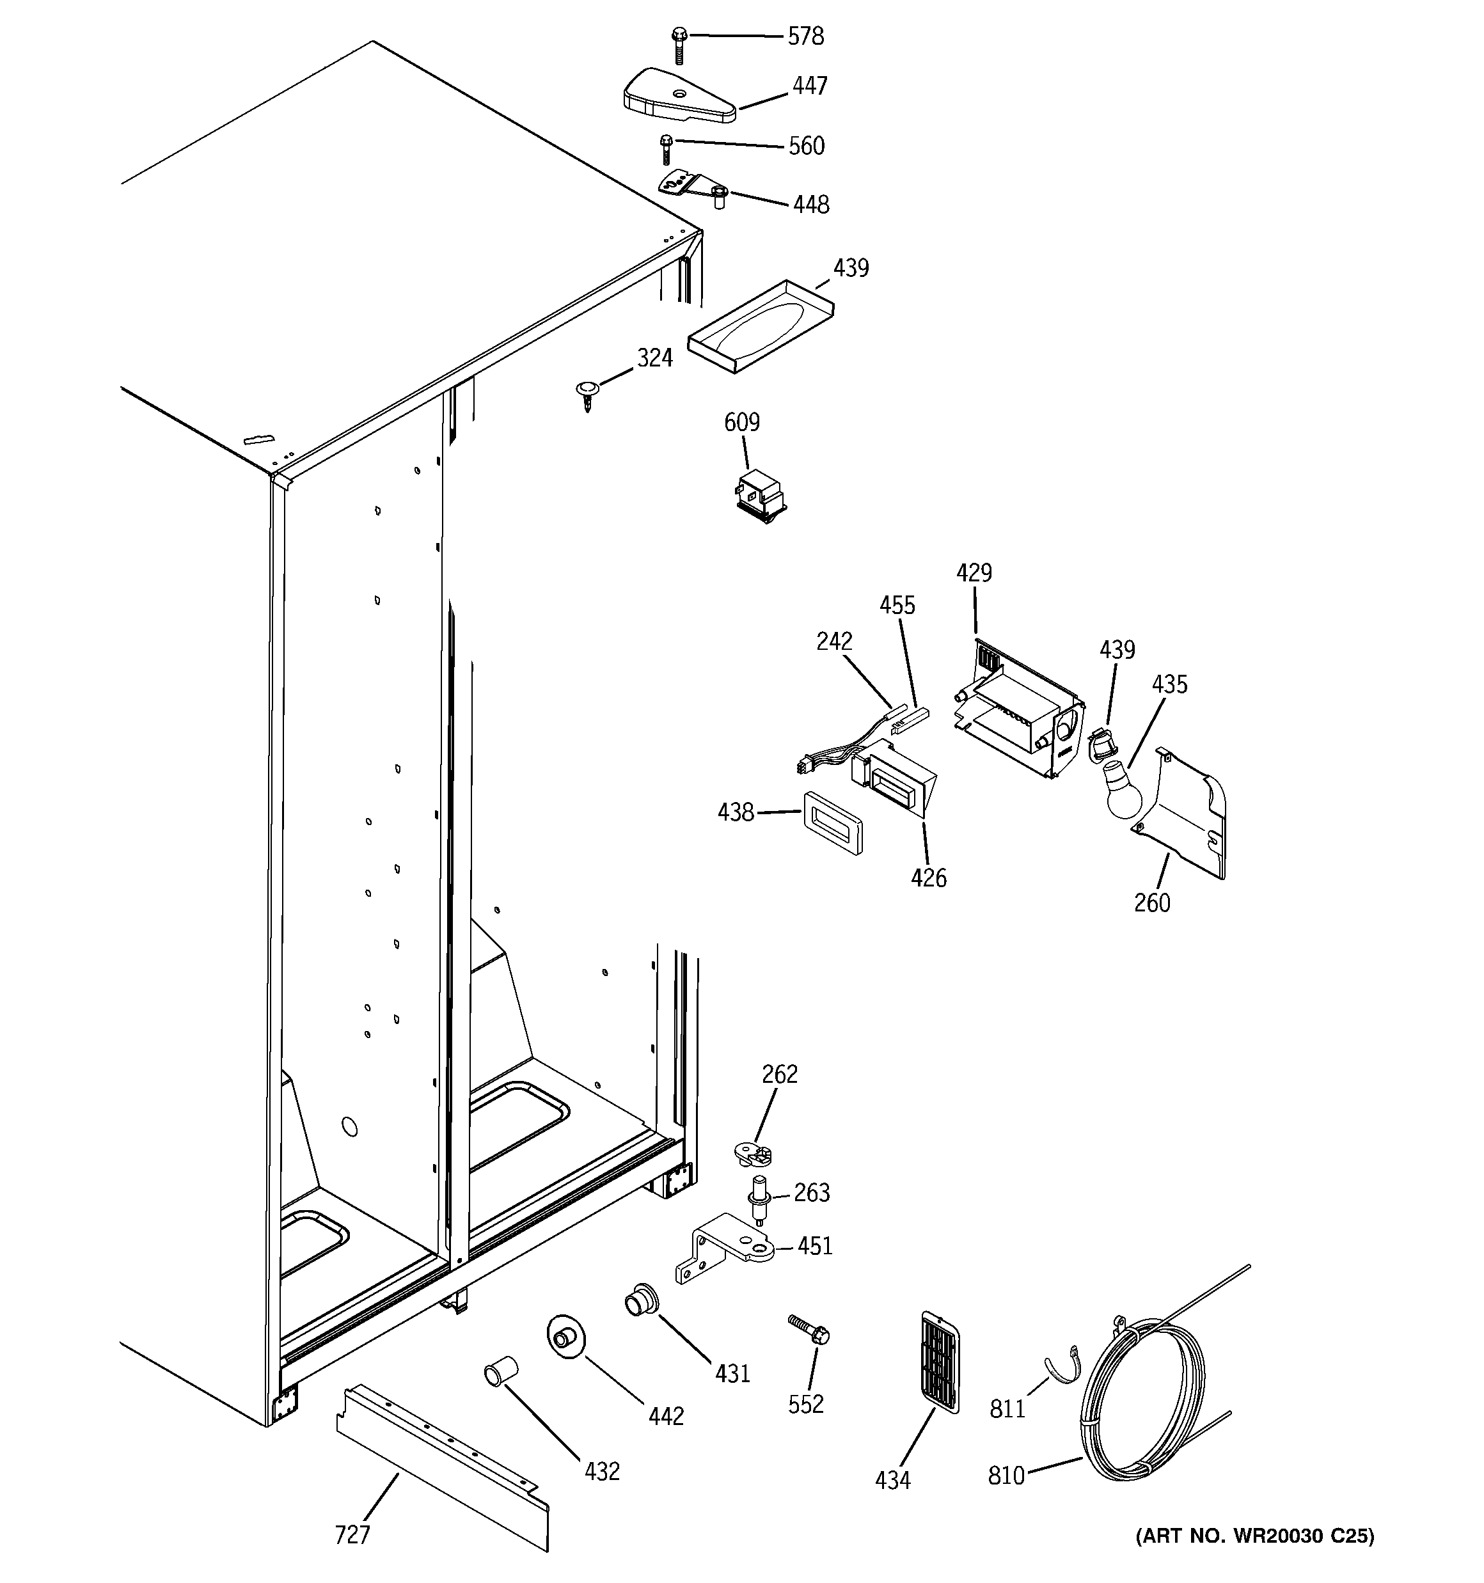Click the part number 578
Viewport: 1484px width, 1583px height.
click(x=805, y=36)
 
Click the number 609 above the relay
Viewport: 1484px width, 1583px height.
click(x=741, y=422)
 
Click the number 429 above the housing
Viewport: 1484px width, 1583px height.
click(x=974, y=573)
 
